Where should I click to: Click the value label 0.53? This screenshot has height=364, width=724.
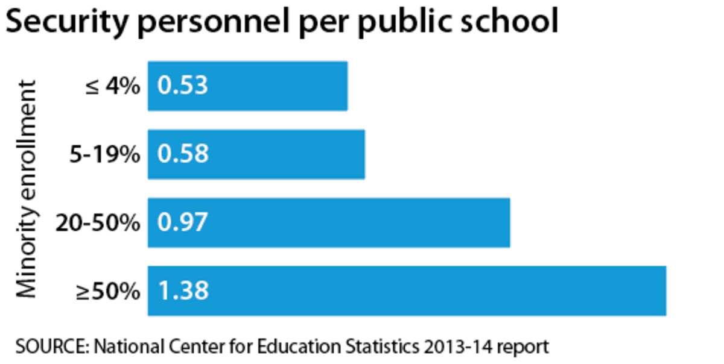tap(182, 86)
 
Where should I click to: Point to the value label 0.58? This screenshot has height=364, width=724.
tap(182, 154)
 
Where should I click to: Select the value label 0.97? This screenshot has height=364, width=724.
tap(182, 222)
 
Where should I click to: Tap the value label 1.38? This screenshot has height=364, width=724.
tap(182, 291)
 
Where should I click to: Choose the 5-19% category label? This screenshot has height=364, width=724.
tap(104, 155)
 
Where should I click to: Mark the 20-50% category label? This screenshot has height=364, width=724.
tap(97, 223)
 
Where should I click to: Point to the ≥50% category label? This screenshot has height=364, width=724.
tap(107, 292)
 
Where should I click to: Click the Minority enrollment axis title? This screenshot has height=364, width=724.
tap(27, 188)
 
